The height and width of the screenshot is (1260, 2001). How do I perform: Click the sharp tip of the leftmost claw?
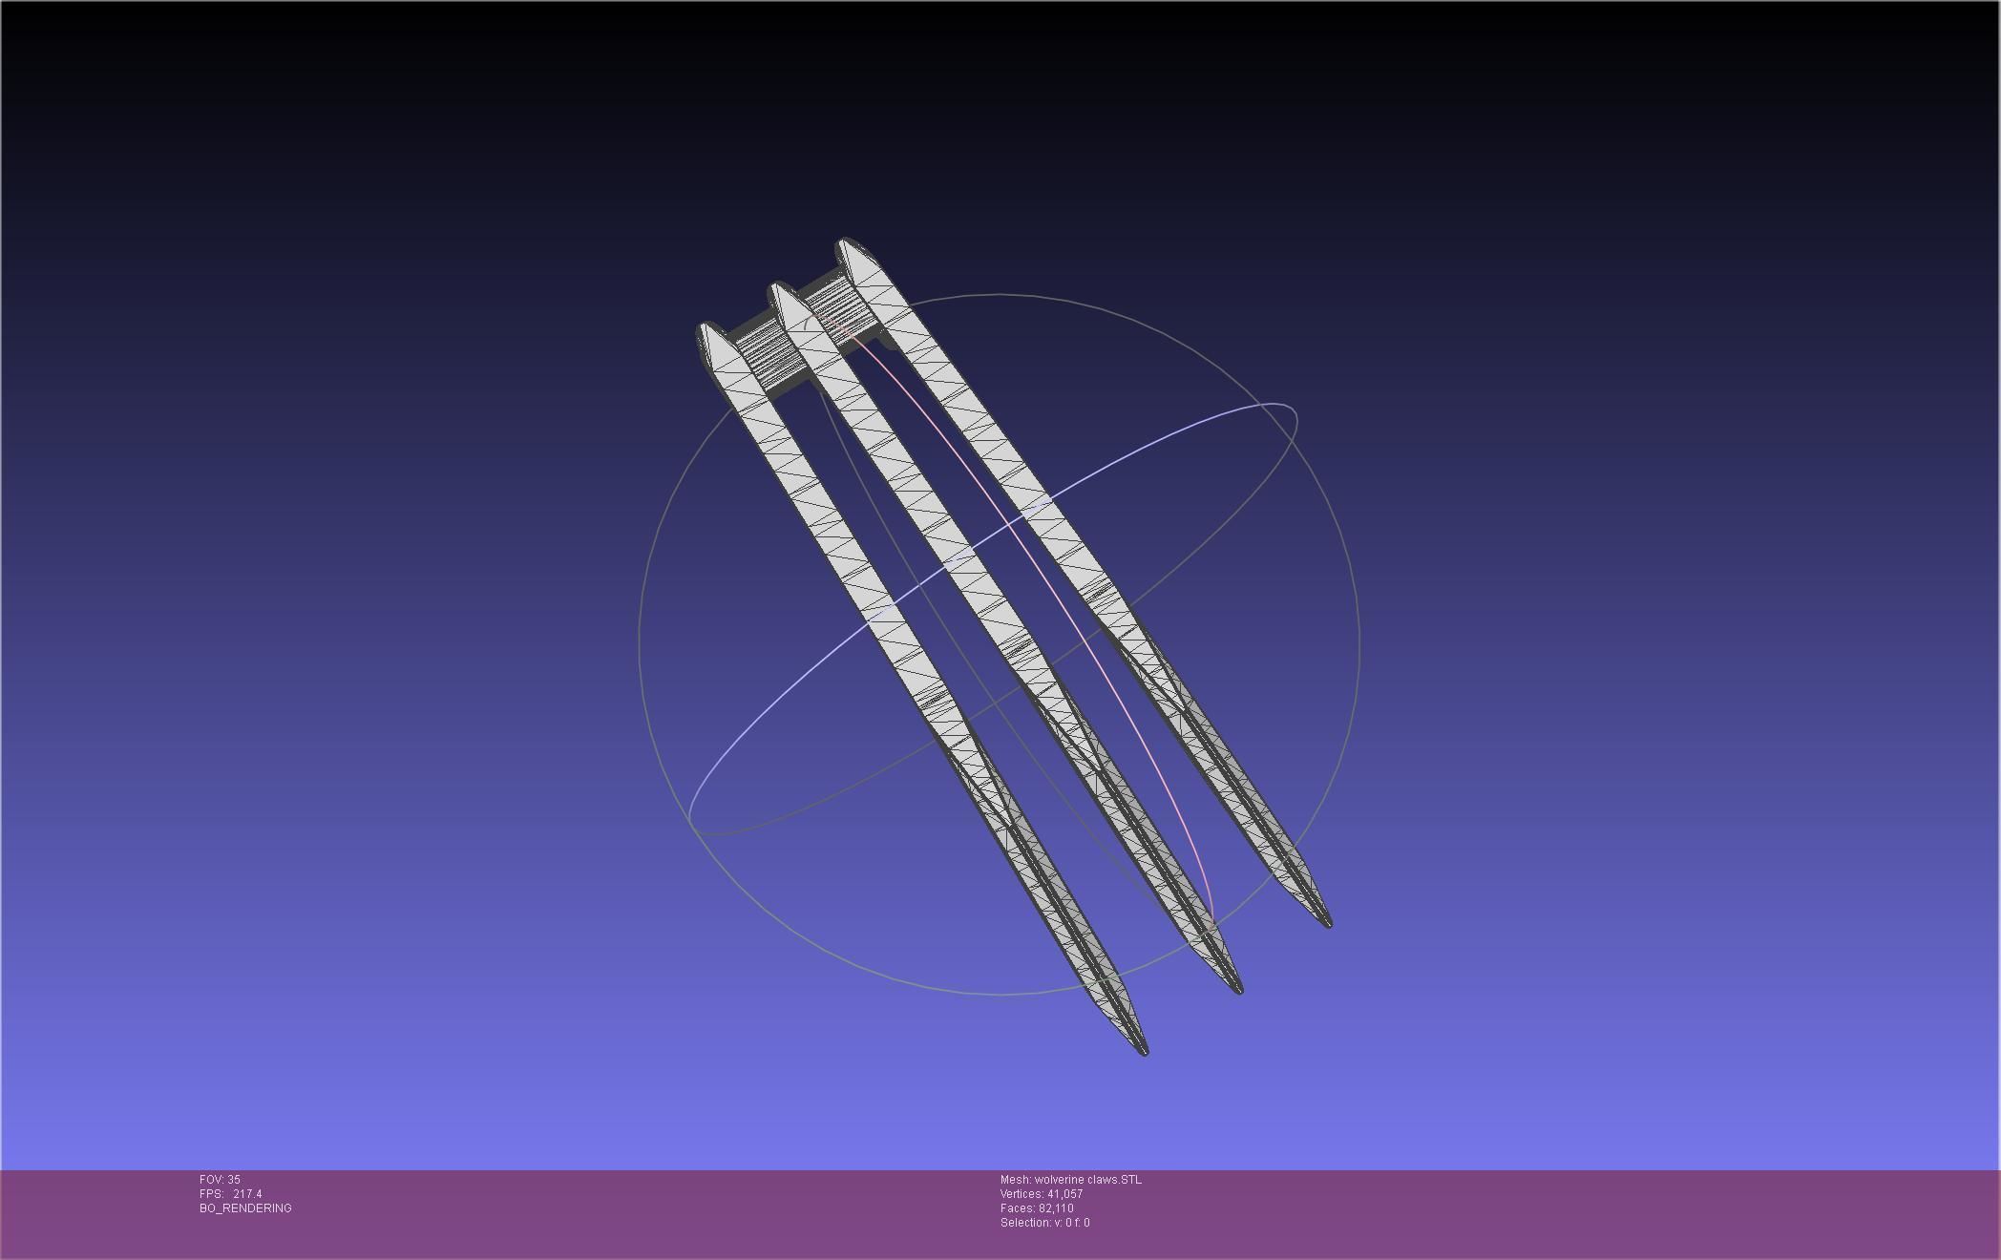1144,1052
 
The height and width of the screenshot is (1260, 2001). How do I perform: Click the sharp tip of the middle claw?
1239,991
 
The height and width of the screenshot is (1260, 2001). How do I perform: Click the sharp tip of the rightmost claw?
1329,923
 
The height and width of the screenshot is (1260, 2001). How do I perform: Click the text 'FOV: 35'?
220,1180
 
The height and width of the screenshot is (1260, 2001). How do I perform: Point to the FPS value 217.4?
247,1194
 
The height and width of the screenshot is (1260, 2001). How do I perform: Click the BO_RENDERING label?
245,1208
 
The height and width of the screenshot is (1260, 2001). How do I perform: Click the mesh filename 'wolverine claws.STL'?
1087,1180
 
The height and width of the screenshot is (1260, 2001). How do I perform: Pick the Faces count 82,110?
1056,1208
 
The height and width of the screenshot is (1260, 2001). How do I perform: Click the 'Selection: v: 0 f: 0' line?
1044,1223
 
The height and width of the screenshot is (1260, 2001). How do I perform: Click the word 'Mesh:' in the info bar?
1015,1180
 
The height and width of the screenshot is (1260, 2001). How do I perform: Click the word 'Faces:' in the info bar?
1018,1208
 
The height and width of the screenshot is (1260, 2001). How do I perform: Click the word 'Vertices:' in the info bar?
1022,1194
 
